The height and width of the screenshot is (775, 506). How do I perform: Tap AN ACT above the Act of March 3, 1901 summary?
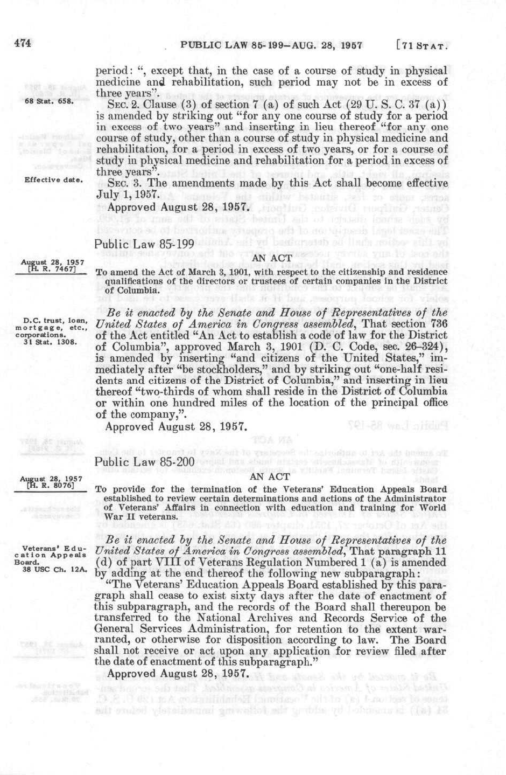coord(272,258)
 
